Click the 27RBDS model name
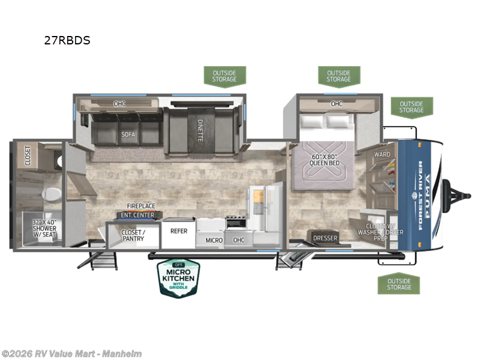[67, 41]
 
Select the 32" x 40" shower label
[44, 228]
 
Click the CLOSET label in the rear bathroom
[28, 155]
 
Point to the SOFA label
[128, 134]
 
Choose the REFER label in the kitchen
[179, 230]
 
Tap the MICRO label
[214, 240]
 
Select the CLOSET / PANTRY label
[133, 236]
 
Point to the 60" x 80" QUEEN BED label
[325, 160]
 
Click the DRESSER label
[325, 238]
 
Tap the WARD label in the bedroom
[382, 154]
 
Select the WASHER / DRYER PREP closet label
[380, 232]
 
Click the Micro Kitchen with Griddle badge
[178, 278]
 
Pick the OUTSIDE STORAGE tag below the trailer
[398, 283]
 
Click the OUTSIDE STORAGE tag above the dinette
[225, 76]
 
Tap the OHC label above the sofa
[120, 104]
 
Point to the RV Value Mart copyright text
[71, 353]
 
